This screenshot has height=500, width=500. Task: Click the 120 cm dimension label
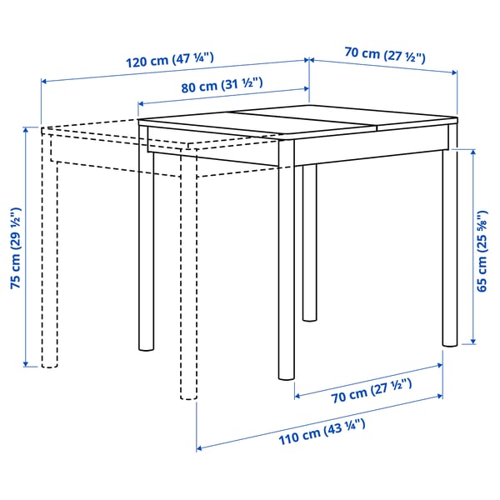(x=170, y=61)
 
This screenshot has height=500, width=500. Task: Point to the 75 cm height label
(x=14, y=247)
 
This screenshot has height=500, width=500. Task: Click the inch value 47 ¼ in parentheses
(x=193, y=61)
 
